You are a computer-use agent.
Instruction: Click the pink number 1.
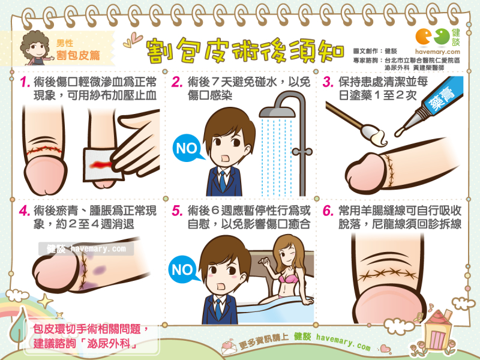tap(25, 82)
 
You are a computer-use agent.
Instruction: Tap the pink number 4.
tap(24, 211)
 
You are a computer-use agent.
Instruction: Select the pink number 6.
tap(328, 211)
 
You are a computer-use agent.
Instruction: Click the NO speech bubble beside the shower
tap(188, 148)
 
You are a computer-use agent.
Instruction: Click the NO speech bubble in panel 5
tap(183, 269)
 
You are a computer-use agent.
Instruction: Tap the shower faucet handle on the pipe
tap(302, 152)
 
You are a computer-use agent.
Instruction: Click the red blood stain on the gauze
tap(100, 165)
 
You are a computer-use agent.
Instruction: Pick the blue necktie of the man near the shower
tap(223, 181)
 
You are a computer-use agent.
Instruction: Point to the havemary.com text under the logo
tap(437, 52)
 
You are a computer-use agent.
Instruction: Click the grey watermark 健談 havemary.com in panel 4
tap(86, 248)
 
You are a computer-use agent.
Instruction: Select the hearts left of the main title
tap(133, 41)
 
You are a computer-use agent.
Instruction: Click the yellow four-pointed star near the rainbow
tap(46, 301)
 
